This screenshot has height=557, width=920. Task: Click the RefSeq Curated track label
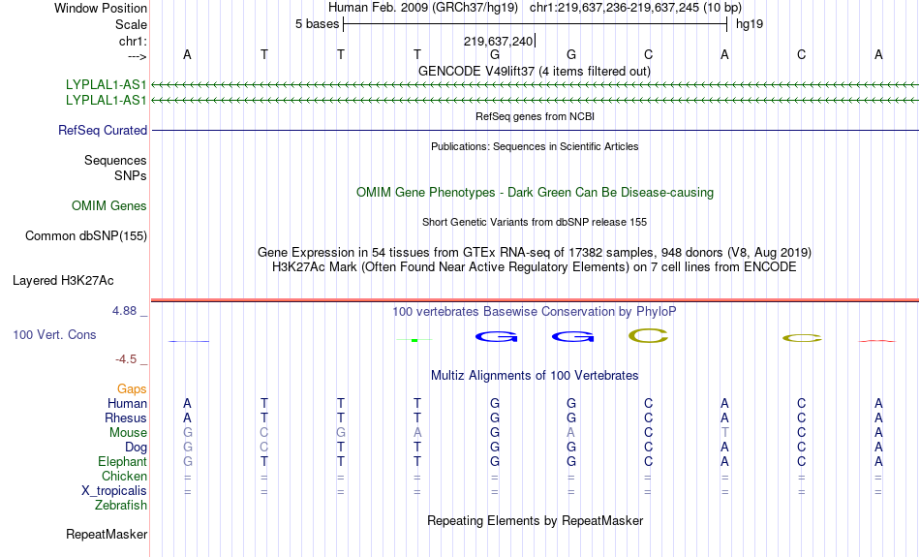pyautogui.click(x=103, y=131)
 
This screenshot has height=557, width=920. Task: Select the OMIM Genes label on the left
pyautogui.click(x=109, y=206)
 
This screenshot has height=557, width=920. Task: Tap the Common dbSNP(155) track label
pyautogui.click(x=86, y=236)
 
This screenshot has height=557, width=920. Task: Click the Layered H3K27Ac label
pyautogui.click(x=63, y=281)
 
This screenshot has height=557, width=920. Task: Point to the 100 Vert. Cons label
pyautogui.click(x=54, y=334)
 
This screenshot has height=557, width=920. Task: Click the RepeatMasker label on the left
pyautogui.click(x=107, y=534)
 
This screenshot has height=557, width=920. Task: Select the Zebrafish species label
pyautogui.click(x=121, y=506)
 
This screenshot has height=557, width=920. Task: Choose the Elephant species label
pyautogui.click(x=122, y=462)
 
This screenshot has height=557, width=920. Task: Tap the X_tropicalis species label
pyautogui.click(x=114, y=491)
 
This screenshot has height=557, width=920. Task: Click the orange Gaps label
pyautogui.click(x=132, y=389)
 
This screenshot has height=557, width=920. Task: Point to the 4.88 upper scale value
pyautogui.click(x=124, y=311)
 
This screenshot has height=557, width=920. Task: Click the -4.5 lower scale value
pyautogui.click(x=126, y=359)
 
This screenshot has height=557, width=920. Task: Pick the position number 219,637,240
pyautogui.click(x=498, y=41)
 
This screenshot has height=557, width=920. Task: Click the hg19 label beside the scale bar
pyautogui.click(x=750, y=24)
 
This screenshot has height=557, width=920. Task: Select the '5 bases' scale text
pyautogui.click(x=317, y=24)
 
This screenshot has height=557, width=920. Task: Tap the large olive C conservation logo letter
pyautogui.click(x=648, y=336)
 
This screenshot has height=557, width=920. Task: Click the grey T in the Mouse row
pyautogui.click(x=725, y=433)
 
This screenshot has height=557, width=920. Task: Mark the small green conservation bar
pyautogui.click(x=414, y=340)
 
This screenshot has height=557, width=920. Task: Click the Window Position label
pyautogui.click(x=101, y=8)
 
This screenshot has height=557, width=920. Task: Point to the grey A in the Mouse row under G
pyautogui.click(x=571, y=433)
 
